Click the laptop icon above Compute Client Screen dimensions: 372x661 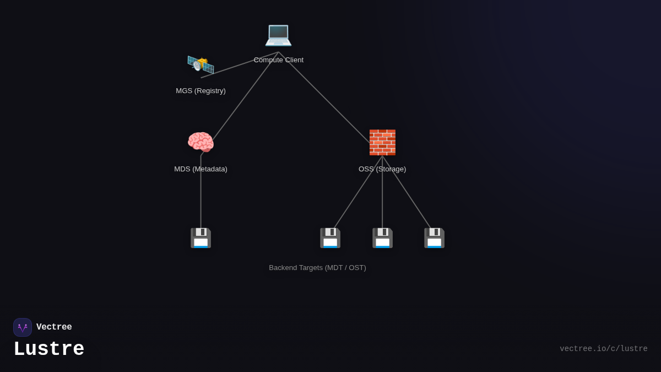click(278, 34)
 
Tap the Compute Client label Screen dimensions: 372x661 click(278, 60)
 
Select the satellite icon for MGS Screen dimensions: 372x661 click(201, 64)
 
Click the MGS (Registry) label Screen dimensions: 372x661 click(201, 91)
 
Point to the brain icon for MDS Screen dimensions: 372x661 click(201, 142)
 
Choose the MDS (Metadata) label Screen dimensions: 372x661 click(201, 169)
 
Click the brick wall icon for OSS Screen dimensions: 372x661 click(382, 142)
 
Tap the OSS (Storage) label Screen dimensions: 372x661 click(382, 169)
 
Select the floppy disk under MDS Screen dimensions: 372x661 click(201, 238)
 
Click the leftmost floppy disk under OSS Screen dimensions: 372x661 click(330, 238)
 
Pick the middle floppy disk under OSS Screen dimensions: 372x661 click(382, 238)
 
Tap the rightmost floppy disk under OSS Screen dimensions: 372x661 click(434, 238)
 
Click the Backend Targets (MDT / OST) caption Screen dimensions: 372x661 click(317, 268)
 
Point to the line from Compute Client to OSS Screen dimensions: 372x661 click(325, 98)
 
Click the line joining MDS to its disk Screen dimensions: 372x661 click(201, 193)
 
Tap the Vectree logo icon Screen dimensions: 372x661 click(23, 327)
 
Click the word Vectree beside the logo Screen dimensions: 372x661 click(54, 327)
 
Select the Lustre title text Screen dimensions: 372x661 click(49, 349)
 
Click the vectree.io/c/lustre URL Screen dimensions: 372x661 click(603, 349)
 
